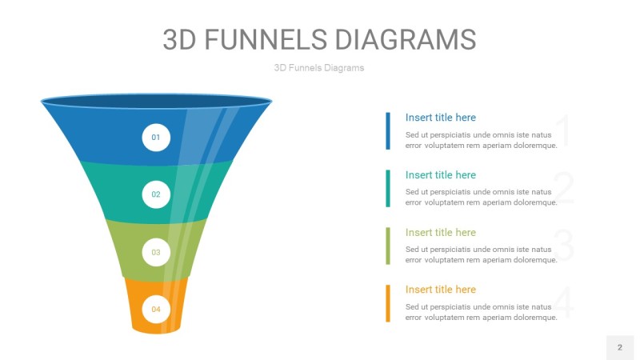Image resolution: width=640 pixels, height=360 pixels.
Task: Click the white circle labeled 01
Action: click(x=156, y=138)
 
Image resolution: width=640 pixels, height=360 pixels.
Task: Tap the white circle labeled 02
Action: click(x=156, y=194)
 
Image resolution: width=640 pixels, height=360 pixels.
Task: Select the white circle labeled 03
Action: click(x=156, y=252)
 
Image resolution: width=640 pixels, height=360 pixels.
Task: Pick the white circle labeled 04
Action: click(x=156, y=309)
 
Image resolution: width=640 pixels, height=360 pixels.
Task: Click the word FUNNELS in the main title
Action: click(x=266, y=39)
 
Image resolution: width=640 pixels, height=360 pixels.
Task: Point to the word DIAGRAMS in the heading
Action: click(x=406, y=39)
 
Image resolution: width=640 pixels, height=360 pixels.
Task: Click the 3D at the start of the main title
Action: click(x=179, y=39)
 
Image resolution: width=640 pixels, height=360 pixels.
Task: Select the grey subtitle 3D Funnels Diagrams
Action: click(x=319, y=68)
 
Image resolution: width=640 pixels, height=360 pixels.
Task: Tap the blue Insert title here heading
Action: click(x=441, y=118)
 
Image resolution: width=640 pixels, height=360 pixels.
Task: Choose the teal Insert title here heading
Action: click(x=441, y=175)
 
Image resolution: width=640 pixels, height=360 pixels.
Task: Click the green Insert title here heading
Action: click(x=441, y=233)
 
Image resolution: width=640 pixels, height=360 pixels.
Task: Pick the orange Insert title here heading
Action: click(x=441, y=290)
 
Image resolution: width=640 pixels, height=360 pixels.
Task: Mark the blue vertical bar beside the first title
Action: click(x=388, y=131)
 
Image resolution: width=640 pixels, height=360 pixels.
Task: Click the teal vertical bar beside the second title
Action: click(x=388, y=189)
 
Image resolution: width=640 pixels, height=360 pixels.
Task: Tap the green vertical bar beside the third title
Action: click(x=388, y=246)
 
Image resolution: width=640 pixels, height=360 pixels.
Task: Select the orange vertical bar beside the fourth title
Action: click(x=388, y=303)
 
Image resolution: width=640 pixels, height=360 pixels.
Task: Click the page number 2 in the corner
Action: click(x=620, y=347)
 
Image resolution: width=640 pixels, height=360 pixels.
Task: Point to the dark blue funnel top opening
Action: click(x=156, y=102)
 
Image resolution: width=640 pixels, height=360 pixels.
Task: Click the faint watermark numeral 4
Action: click(x=565, y=303)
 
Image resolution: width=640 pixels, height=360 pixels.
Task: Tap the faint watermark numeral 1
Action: click(x=565, y=130)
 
